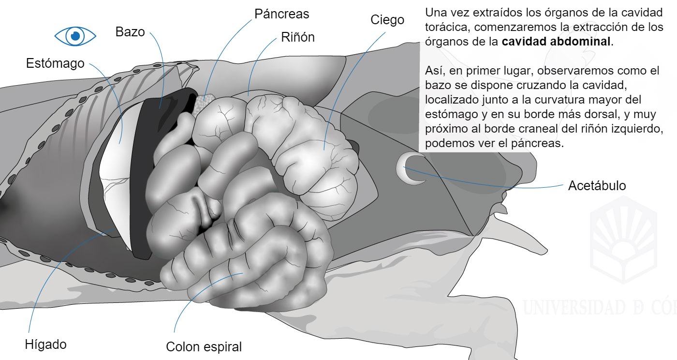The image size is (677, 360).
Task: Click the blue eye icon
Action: click(x=75, y=36)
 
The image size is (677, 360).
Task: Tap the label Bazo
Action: click(x=130, y=32)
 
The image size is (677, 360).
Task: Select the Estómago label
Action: click(x=55, y=63)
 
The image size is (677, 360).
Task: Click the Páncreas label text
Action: click(x=281, y=14)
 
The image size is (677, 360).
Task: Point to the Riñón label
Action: click(x=298, y=37)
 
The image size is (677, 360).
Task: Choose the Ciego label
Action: click(x=387, y=20)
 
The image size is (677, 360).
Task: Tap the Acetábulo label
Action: click(x=597, y=186)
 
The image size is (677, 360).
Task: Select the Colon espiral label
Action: click(x=204, y=347)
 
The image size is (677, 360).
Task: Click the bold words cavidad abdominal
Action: click(x=556, y=42)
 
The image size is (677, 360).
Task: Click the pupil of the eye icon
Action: click(x=75, y=36)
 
